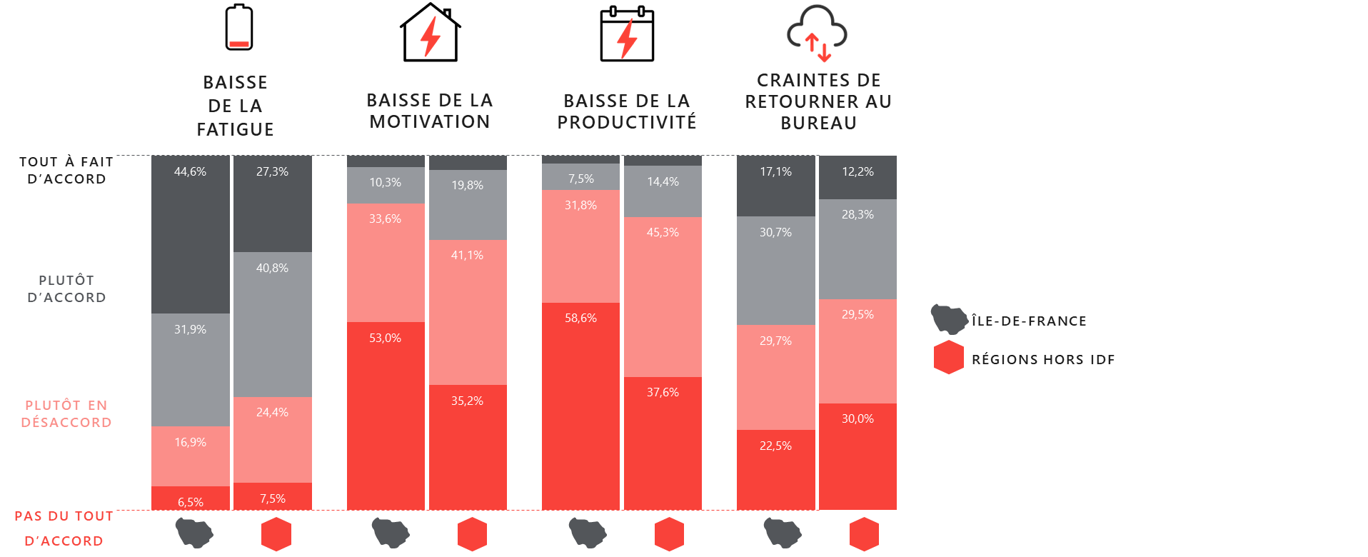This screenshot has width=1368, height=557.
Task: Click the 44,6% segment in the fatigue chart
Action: [x=191, y=234]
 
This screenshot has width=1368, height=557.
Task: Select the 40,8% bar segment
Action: [x=273, y=324]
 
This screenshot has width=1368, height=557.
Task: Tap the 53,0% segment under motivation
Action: [x=386, y=416]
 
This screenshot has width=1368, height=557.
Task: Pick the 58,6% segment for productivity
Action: [x=580, y=406]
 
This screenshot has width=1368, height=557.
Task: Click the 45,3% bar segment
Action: [x=663, y=296]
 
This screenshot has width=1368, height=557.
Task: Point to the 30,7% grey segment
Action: [x=775, y=271]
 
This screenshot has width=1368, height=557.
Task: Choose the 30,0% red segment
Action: [x=857, y=456]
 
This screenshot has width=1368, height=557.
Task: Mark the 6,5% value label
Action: [x=191, y=502]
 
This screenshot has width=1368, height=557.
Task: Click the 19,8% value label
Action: [x=468, y=186]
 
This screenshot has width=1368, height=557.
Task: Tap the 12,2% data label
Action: [x=857, y=171]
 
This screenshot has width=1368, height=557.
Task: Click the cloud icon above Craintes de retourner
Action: [x=818, y=32]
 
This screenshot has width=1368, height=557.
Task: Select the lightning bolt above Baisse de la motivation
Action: [x=430, y=36]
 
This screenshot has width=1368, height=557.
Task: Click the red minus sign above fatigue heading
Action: [x=239, y=44]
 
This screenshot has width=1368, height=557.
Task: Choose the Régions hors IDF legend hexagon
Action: [x=948, y=358]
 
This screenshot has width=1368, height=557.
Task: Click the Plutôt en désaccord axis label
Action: [x=66, y=413]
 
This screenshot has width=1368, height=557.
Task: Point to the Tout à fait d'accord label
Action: [x=66, y=170]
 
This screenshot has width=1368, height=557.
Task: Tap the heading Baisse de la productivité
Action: [x=627, y=111]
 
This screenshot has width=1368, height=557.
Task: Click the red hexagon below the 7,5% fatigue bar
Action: [x=276, y=534]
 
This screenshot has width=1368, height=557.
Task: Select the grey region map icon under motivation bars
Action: [x=391, y=533]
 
